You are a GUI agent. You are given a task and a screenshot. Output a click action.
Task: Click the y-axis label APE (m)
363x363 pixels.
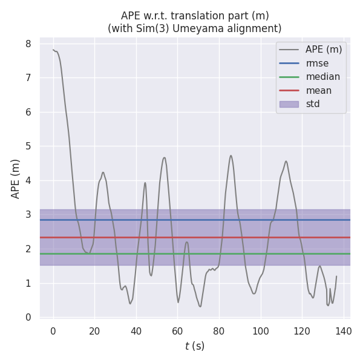(x=16, y=178)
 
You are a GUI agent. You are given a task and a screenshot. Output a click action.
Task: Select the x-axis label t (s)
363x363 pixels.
(x=195, y=346)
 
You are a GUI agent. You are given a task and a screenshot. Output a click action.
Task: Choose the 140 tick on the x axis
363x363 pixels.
(x=343, y=331)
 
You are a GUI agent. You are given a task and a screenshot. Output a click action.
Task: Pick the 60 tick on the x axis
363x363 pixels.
(x=177, y=331)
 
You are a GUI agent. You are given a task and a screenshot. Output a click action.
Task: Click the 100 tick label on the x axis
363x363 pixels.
(x=260, y=331)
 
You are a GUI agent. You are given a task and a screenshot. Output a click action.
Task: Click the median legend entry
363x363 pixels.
(x=322, y=77)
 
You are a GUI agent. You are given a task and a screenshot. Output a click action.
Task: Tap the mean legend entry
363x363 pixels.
(x=319, y=91)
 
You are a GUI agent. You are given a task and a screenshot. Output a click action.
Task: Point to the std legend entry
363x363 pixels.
(x=313, y=104)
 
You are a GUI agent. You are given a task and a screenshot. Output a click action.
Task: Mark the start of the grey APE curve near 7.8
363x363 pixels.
(x=53, y=50)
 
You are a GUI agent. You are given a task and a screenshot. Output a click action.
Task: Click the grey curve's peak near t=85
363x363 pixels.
(x=231, y=155)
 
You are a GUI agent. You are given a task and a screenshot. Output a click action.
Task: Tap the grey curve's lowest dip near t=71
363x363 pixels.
(x=200, y=306)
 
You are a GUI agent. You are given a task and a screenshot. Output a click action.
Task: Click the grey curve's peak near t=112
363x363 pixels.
(x=286, y=161)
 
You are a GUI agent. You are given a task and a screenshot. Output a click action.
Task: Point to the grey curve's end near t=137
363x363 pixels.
(x=336, y=276)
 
